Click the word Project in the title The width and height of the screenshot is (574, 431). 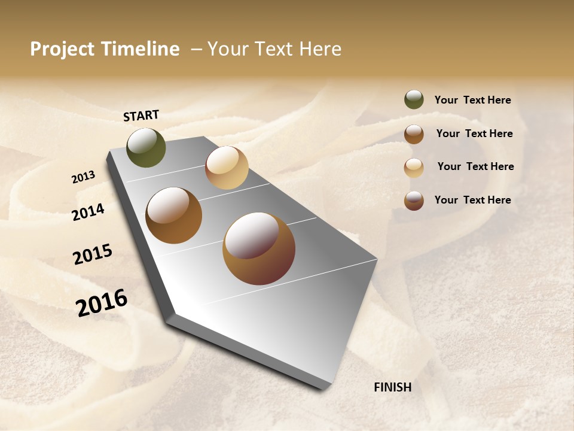click(62, 50)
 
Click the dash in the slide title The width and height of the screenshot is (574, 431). click(196, 50)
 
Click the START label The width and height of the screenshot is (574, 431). click(141, 116)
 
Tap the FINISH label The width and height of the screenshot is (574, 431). click(392, 387)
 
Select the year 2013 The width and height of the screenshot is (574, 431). click(83, 177)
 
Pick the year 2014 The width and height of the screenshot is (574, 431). click(88, 212)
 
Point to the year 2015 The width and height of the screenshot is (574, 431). click(93, 254)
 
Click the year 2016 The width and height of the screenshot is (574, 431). click(102, 302)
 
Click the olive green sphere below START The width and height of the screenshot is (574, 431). click(146, 148)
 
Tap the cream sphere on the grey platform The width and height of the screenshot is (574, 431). click(227, 168)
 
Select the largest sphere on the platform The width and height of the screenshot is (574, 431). click(259, 249)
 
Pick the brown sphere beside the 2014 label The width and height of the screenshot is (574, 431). click(173, 215)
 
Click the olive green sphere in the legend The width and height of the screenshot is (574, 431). click(414, 99)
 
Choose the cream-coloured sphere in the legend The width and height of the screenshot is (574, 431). click(414, 168)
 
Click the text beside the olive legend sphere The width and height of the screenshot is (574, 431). click(472, 100)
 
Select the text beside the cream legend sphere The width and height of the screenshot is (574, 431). click(475, 166)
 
